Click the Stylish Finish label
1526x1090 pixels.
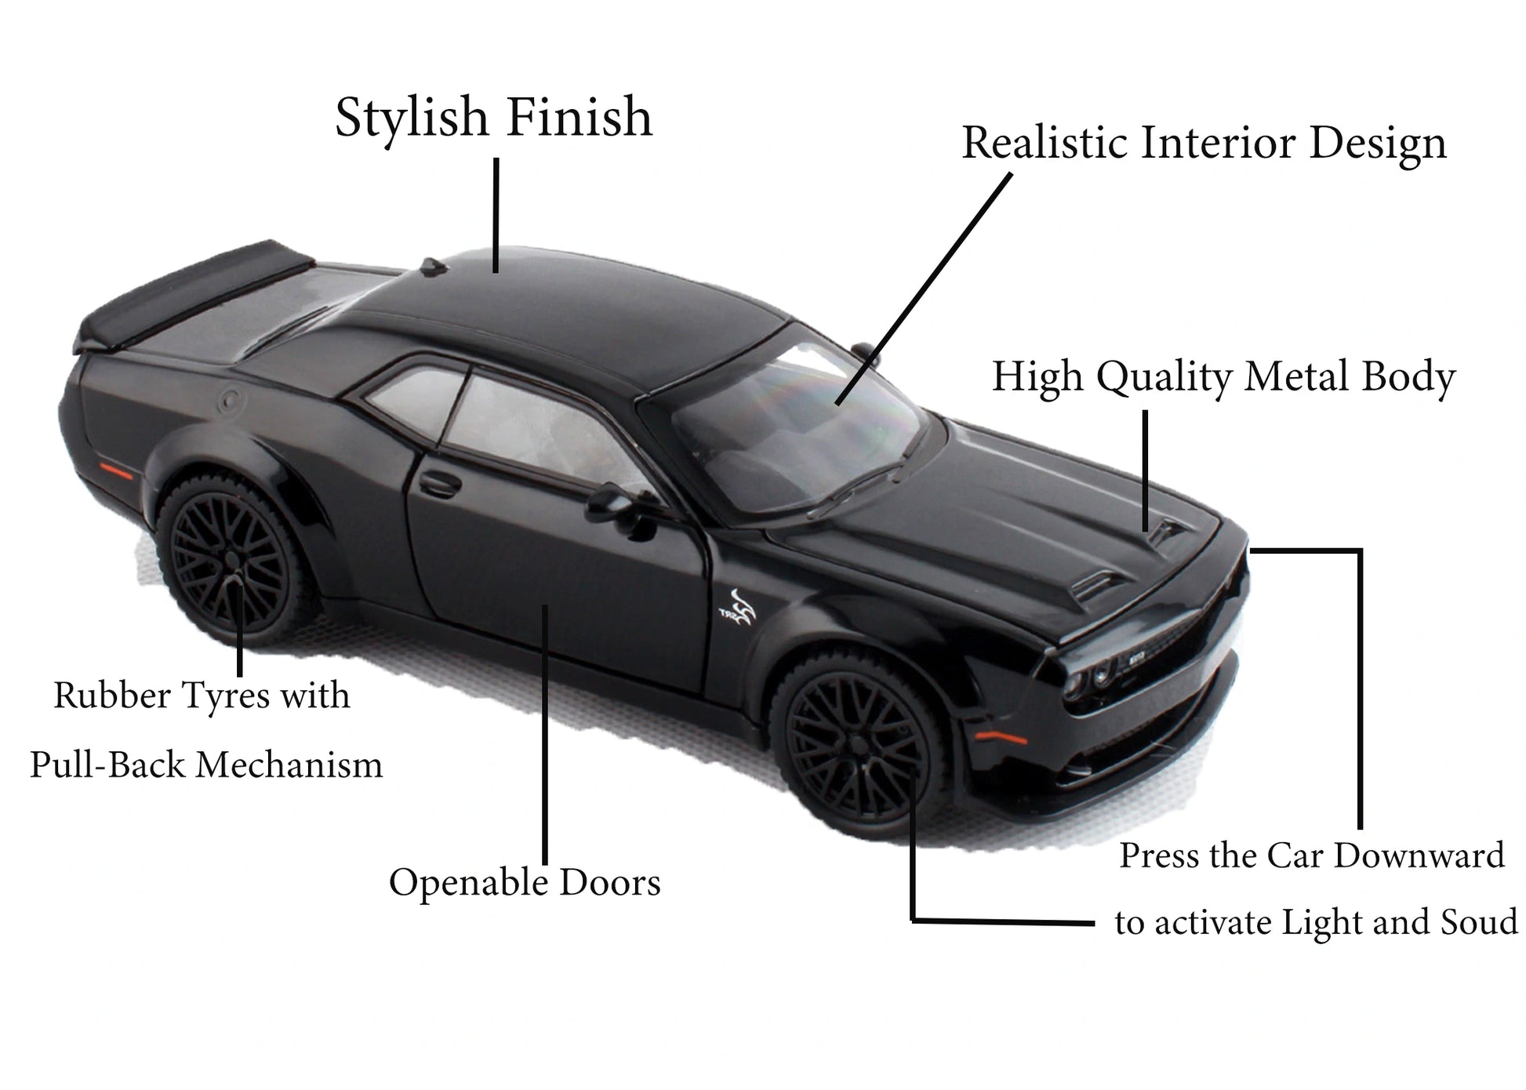(493, 118)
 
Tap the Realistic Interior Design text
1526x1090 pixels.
(1204, 144)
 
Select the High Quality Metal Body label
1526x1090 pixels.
(1223, 377)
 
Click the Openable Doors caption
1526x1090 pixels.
(525, 882)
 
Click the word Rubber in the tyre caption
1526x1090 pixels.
(111, 696)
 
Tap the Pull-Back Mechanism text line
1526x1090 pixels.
(206, 765)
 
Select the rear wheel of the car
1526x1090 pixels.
(231, 558)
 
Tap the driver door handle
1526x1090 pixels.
(440, 484)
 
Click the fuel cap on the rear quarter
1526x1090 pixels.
(231, 401)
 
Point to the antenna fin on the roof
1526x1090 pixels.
(433, 267)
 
